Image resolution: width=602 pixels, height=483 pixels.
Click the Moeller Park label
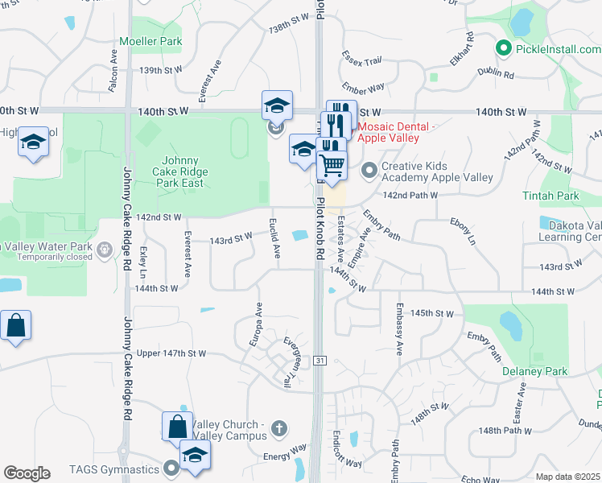[150, 41]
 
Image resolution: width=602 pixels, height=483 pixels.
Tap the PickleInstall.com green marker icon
[505, 49]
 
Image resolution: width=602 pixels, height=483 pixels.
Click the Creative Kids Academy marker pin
[369, 170]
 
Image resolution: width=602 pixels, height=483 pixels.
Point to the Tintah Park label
[561, 196]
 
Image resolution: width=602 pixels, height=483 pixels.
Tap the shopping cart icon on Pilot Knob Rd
[332, 166]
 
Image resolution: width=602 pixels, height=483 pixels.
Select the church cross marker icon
[278, 427]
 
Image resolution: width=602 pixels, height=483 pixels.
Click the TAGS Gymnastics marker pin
[170, 467]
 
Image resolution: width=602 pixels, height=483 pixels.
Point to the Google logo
[27, 473]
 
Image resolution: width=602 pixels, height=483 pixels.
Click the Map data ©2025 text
[567, 477]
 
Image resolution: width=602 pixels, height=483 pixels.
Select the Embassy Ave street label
[399, 329]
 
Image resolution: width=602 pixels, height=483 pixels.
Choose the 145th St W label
[432, 312]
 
